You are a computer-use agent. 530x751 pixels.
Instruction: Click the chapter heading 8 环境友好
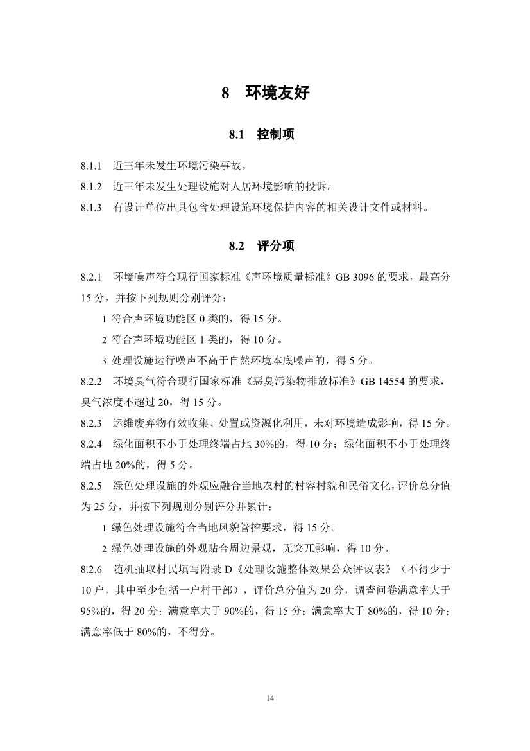coord(265,93)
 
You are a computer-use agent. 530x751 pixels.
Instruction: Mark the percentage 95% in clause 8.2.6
coord(92,612)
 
